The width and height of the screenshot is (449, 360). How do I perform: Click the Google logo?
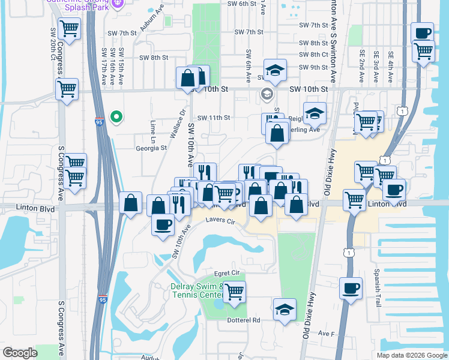point(20,353)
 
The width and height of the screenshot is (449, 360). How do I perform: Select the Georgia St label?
point(151,148)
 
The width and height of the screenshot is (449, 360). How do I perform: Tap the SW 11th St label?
point(214,118)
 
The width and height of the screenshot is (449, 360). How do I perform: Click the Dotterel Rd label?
point(243,320)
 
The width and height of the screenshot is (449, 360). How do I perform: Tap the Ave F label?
point(326,334)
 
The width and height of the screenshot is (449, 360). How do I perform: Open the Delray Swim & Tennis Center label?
point(197,290)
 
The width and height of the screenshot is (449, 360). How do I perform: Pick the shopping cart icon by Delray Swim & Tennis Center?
point(235,292)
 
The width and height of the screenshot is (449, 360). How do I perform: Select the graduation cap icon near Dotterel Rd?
point(285,310)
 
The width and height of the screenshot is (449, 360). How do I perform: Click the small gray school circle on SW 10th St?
point(267,94)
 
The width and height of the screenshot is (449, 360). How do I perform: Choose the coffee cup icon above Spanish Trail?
point(351,288)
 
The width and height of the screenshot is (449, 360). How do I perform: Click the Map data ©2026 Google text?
point(411,355)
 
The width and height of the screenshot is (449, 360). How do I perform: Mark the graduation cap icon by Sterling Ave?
point(314,113)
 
